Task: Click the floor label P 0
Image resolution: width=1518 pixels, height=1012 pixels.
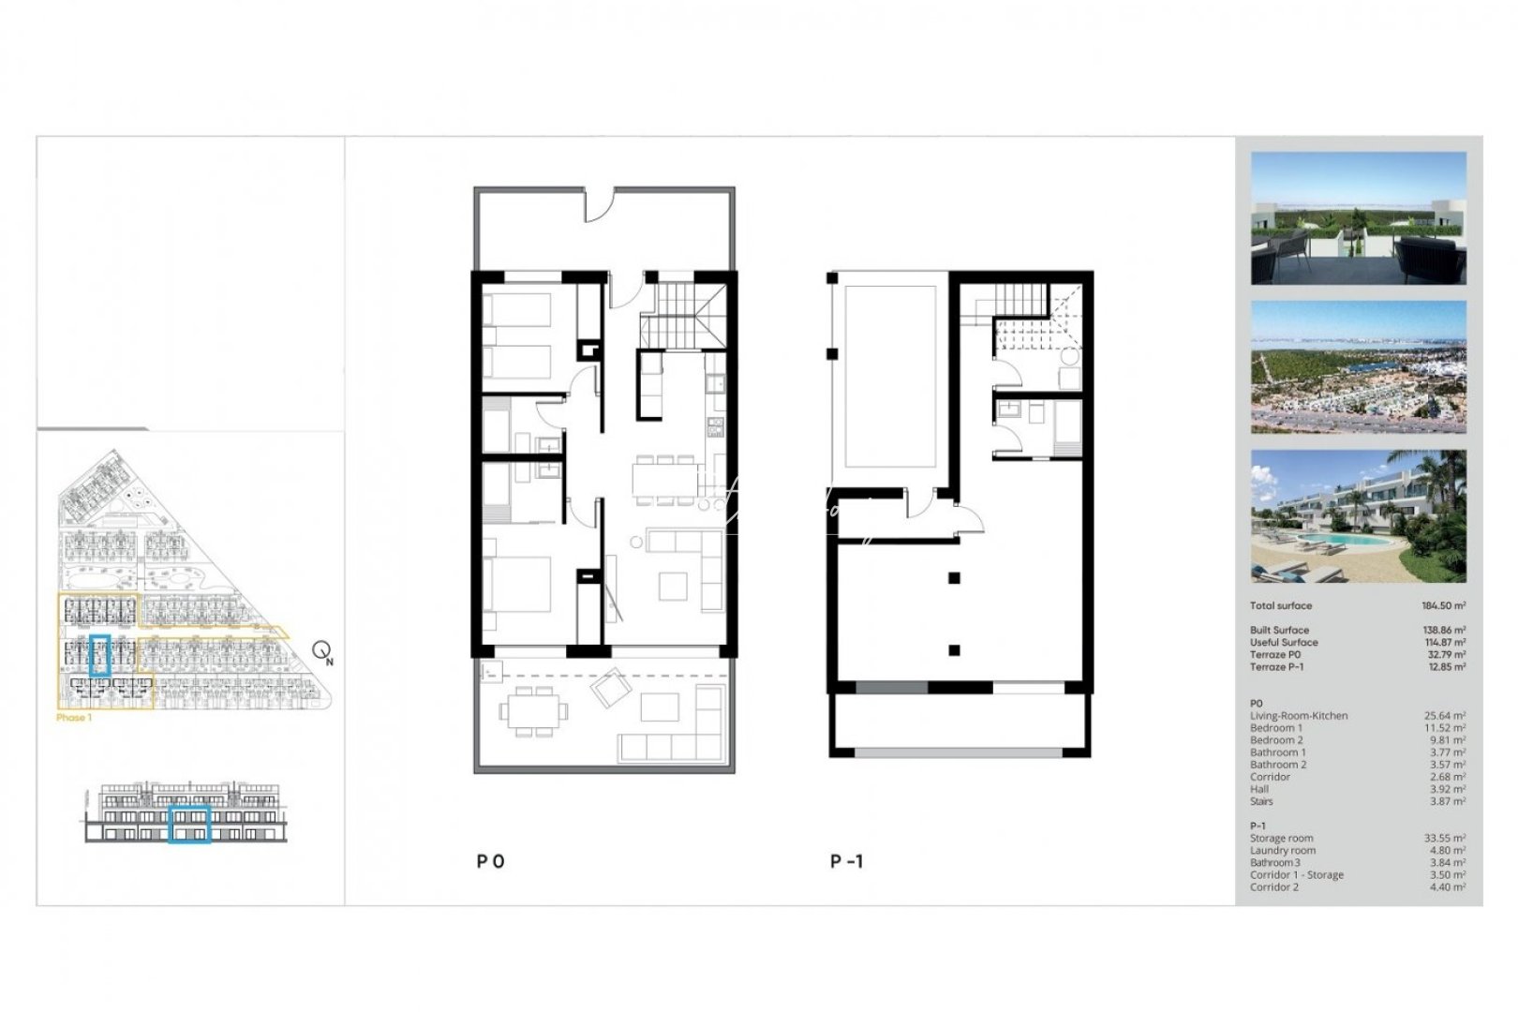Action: click(x=490, y=861)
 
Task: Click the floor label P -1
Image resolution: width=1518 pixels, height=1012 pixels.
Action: click(x=846, y=861)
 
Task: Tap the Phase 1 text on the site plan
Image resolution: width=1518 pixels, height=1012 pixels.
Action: click(x=74, y=718)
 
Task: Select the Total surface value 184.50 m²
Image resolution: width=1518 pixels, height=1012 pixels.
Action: click(x=1443, y=606)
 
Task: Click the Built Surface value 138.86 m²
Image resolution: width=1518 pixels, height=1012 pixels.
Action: click(x=1443, y=631)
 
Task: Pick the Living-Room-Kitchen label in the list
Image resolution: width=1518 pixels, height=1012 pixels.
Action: click(x=1299, y=716)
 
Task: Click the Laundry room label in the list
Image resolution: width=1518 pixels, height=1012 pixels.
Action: click(x=1283, y=851)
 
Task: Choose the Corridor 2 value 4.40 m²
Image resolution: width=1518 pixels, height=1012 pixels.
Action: click(x=1447, y=887)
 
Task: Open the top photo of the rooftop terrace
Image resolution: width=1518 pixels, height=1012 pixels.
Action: click(x=1359, y=218)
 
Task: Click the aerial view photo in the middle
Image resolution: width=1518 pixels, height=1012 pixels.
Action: click(x=1359, y=366)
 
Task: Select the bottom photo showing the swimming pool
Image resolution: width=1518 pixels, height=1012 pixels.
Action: click(x=1359, y=516)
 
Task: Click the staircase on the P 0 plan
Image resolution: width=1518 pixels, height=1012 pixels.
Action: click(x=682, y=315)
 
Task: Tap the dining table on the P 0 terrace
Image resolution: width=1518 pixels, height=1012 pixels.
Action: click(x=533, y=711)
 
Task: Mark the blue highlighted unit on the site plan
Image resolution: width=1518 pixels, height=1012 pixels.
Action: click(x=100, y=655)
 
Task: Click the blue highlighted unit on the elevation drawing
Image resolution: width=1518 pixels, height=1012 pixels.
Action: click(x=189, y=823)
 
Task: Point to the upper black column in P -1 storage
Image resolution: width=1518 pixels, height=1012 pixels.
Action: click(x=954, y=578)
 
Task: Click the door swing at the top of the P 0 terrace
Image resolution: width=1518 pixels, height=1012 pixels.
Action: click(x=599, y=205)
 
